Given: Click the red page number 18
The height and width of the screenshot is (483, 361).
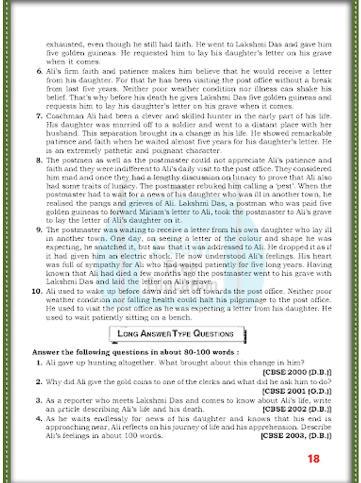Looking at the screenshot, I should click(x=314, y=458).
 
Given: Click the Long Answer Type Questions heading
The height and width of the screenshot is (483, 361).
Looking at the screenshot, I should click(x=175, y=334).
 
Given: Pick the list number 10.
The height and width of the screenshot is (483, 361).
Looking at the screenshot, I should click(x=38, y=291).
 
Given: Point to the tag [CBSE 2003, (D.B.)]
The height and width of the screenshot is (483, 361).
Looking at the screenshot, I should click(x=296, y=436).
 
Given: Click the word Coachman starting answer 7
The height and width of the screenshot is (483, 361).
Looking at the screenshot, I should click(x=64, y=116).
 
